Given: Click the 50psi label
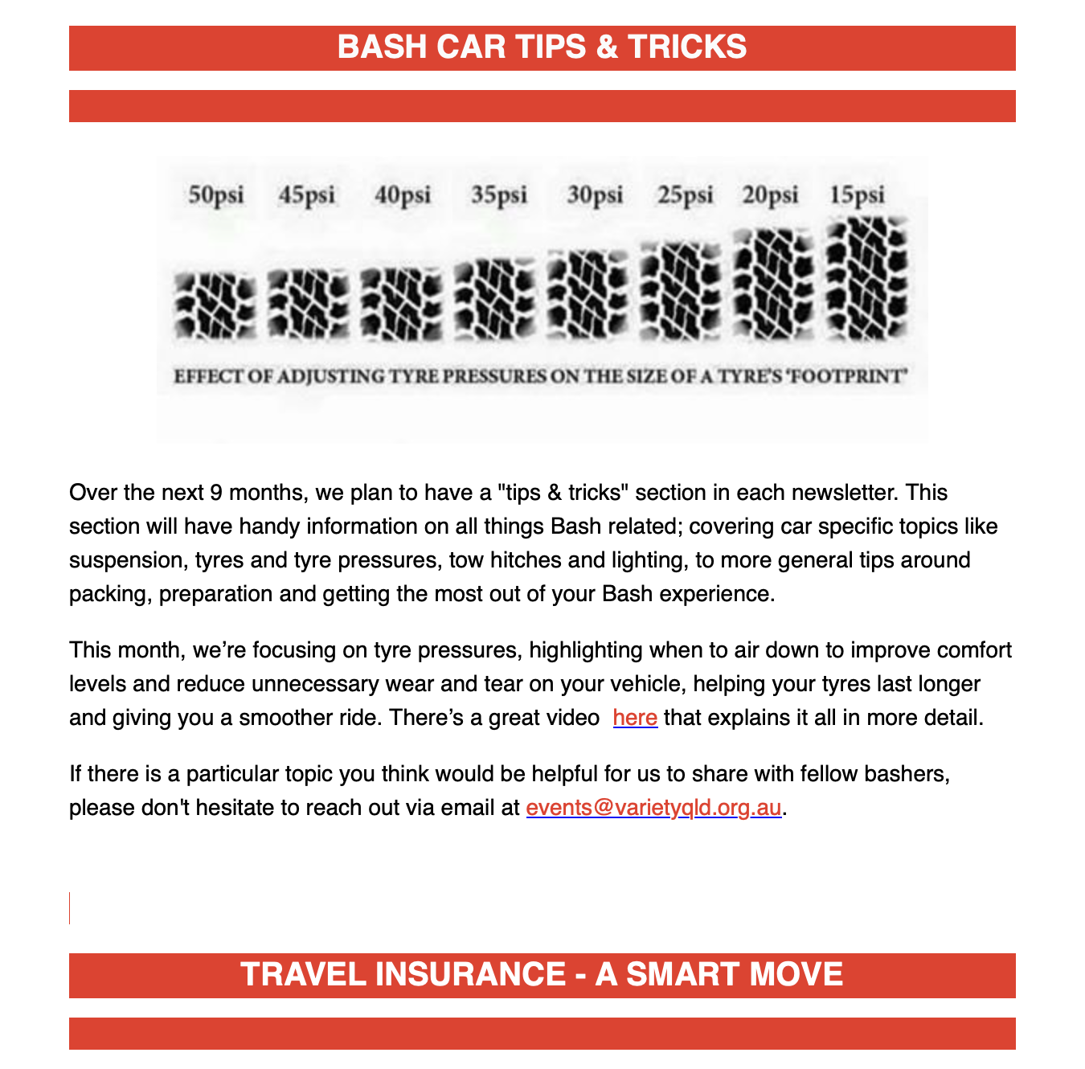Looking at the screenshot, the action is tap(215, 195).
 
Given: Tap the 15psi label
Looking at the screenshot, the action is tap(857, 195).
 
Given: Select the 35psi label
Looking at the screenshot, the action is tap(499, 195).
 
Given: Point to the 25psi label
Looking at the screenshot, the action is tap(686, 195).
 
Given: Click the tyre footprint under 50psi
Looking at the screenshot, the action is tap(215, 306).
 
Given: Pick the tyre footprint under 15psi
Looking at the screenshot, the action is tap(866, 279).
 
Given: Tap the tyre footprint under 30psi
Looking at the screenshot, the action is tap(588, 295).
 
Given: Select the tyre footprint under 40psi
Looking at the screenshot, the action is tap(402, 305).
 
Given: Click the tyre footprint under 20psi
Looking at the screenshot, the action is tap(774, 285).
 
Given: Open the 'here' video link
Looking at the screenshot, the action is tap(635, 718).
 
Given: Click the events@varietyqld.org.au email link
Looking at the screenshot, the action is tap(653, 808).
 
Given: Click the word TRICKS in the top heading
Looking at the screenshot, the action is tap(687, 47).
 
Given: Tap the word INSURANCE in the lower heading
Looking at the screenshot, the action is tap(470, 974).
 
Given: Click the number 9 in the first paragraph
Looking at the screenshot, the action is tap(216, 493).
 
